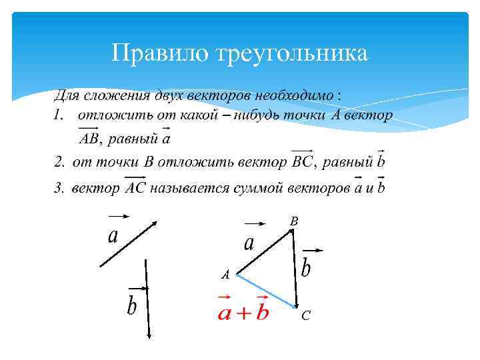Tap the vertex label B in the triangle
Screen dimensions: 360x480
(294, 220)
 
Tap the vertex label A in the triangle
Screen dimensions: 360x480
(225, 274)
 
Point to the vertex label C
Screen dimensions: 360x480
(305, 315)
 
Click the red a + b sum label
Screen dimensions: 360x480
(243, 311)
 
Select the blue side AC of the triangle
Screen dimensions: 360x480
(266, 291)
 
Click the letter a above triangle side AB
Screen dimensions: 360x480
(249, 243)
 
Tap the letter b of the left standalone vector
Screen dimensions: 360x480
(132, 306)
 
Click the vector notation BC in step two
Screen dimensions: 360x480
(303, 162)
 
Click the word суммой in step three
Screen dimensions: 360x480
(257, 187)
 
